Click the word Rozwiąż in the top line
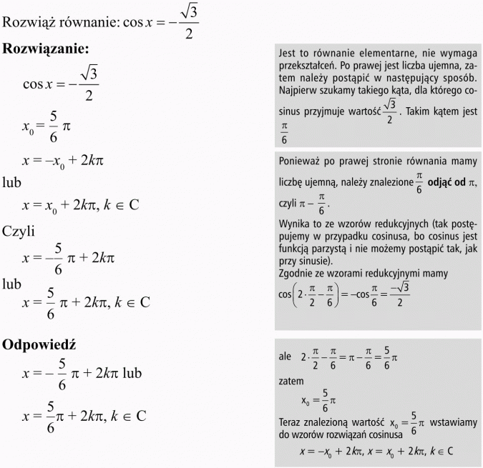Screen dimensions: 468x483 [27, 22]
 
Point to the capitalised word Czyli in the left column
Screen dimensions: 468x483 [18, 231]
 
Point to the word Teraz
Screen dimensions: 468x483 [293, 423]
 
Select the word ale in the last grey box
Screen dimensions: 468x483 [286, 357]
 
